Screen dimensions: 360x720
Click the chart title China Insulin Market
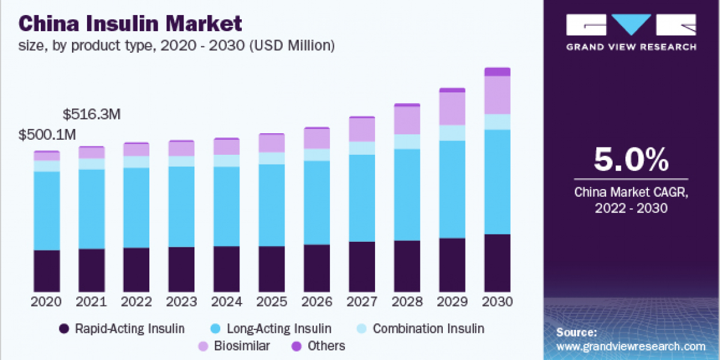coord(131,24)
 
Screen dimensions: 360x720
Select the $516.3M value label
coord(92,114)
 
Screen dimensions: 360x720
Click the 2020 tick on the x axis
coord(46,301)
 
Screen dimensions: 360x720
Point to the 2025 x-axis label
coord(272,301)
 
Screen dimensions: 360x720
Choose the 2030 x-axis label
coord(497,301)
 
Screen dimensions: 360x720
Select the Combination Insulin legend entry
coord(428,328)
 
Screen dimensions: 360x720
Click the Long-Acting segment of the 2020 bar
coord(46,210)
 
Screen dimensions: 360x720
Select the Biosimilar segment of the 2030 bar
coord(497,95)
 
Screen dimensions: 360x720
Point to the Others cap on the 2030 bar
coord(497,72)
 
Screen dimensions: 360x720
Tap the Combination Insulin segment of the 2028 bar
coord(407,141)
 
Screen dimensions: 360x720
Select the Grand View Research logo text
coord(631,47)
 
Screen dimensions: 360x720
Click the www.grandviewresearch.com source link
coord(631,346)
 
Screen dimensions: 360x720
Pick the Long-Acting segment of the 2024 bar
coord(227,206)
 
